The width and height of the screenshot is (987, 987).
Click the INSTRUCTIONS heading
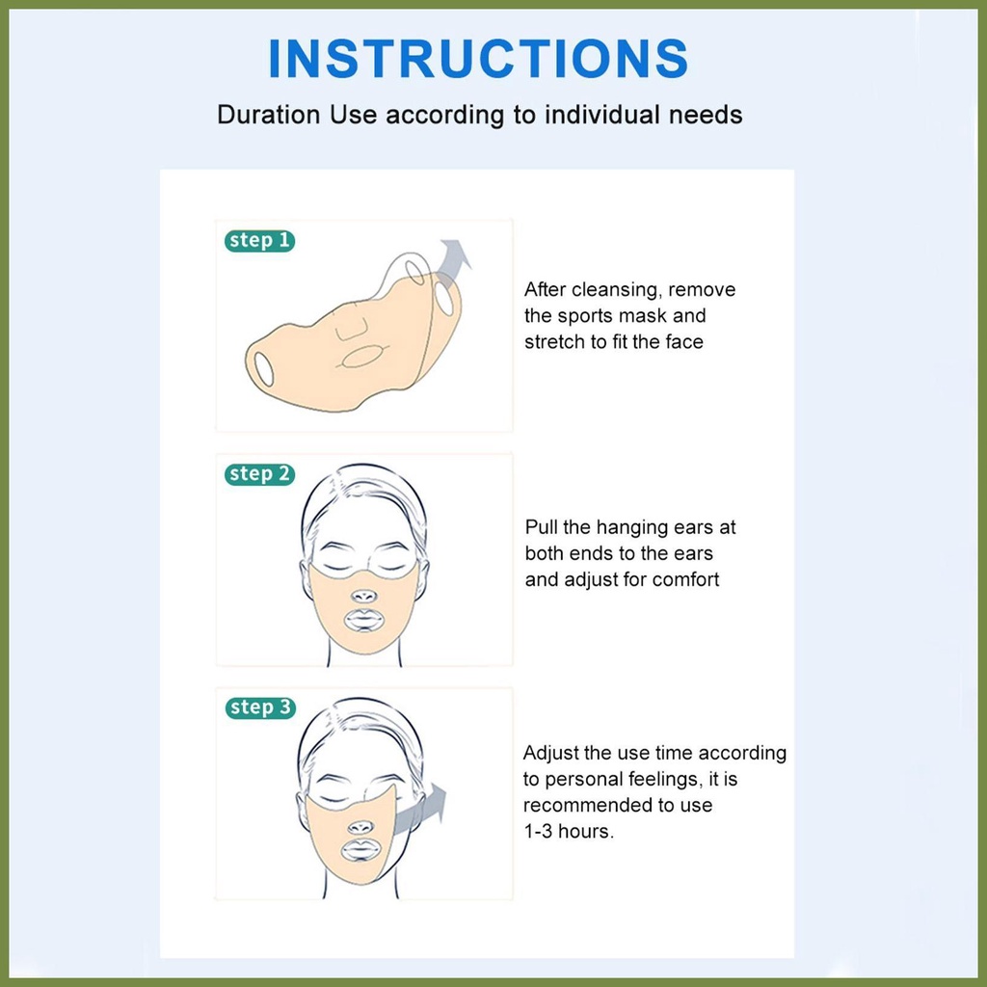coord(478,59)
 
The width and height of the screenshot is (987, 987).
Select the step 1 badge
coord(259,240)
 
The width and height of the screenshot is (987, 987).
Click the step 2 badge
coord(259,474)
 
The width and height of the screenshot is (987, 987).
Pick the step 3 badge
coord(260,707)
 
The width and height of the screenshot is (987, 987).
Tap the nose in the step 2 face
coord(363,596)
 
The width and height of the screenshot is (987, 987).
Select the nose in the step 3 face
coord(360,827)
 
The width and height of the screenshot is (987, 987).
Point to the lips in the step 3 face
coord(360,851)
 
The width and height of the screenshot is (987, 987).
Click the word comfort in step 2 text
coord(685,579)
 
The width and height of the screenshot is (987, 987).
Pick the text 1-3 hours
coord(569,832)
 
